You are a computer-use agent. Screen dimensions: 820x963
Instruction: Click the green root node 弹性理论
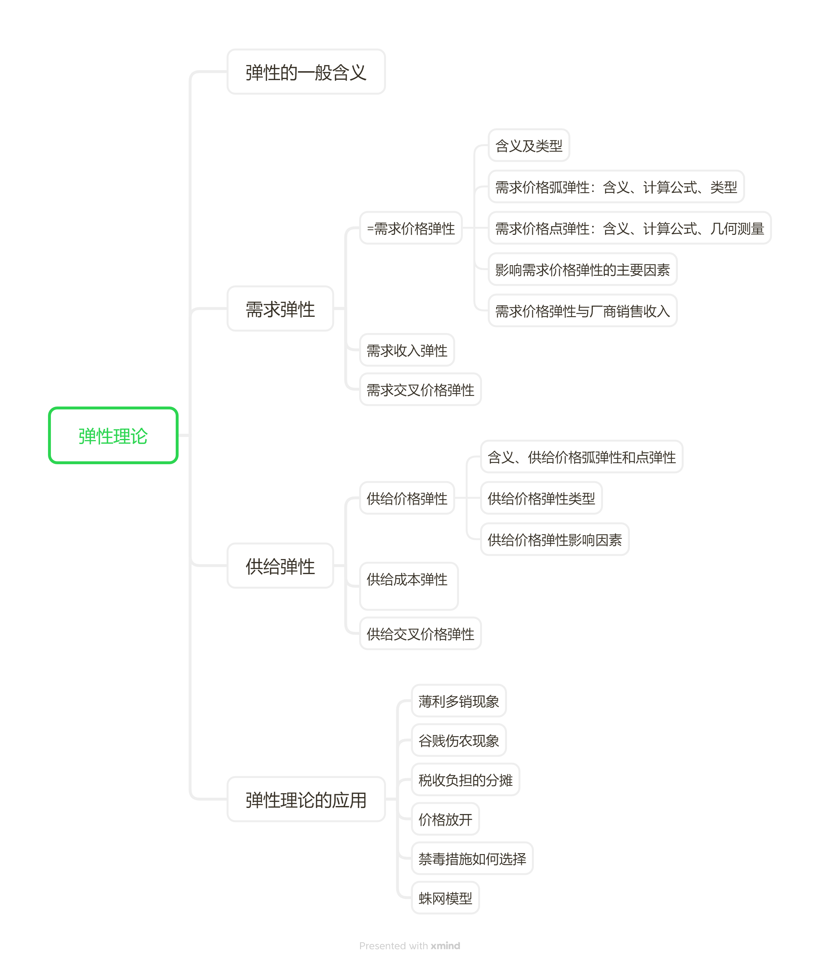coord(113,435)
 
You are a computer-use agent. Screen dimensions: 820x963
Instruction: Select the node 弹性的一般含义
coord(306,72)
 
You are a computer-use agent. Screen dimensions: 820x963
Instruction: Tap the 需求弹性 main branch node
coord(280,309)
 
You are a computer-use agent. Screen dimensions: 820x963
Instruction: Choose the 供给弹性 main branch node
coord(280,566)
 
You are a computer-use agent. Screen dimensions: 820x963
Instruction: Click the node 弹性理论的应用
coord(306,799)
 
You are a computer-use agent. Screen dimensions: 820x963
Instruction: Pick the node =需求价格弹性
coord(410,228)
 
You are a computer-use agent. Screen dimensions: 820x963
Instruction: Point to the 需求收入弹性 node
coord(407,350)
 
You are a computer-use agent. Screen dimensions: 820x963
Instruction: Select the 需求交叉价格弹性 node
coord(420,390)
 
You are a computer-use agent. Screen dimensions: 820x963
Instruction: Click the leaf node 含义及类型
coord(528,145)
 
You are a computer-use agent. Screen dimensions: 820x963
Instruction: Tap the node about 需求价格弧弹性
coord(616,187)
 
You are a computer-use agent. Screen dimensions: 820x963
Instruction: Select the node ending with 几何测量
coord(629,228)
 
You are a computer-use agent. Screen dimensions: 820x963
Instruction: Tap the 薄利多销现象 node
coord(458,701)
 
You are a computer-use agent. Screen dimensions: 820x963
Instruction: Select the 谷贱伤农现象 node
coord(458,740)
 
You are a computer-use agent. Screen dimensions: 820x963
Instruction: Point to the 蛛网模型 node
coord(445,898)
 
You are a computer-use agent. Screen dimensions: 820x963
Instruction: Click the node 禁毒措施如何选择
coord(472,859)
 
